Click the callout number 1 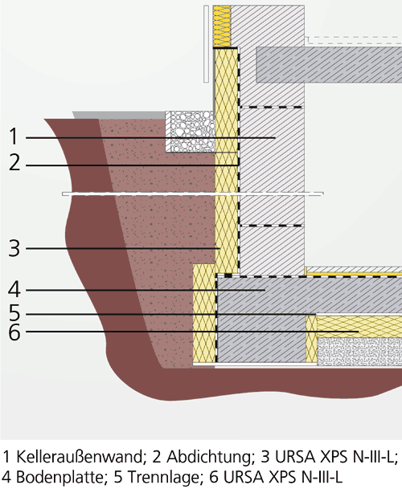(14, 137)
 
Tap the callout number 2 (14, 162)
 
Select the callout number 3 (14, 248)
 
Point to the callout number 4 (14, 290)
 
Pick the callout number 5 (14, 313)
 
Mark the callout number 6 (14, 332)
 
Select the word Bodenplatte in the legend (59, 476)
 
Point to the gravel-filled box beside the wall (190, 132)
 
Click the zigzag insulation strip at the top (222, 26)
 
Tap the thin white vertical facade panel (206, 44)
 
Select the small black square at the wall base (228, 275)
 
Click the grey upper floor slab (329, 64)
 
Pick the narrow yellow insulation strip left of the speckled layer (311, 340)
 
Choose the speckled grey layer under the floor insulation (359, 351)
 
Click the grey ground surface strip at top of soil (119, 115)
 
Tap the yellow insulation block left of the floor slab (204, 313)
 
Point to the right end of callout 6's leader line (359, 332)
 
